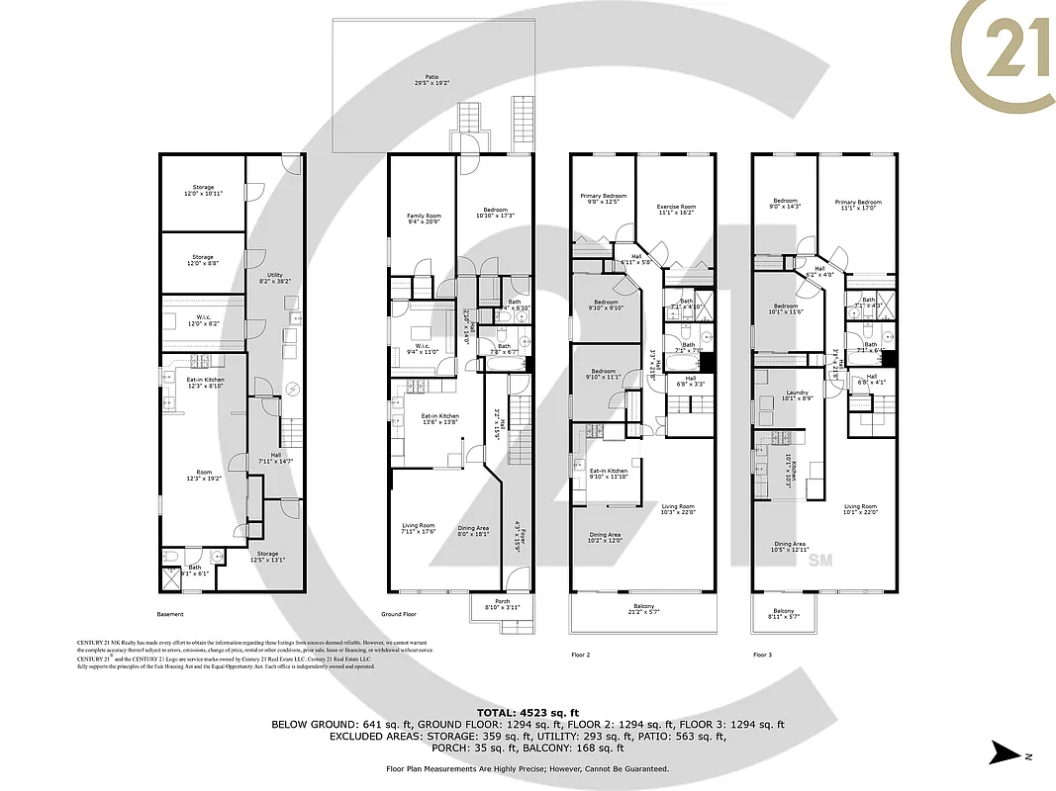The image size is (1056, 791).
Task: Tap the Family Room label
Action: coord(424,219)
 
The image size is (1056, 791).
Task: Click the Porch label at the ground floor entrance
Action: coord(502,604)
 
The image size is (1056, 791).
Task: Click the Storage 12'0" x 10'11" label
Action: coord(203,190)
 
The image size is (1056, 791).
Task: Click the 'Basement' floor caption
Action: coord(170,615)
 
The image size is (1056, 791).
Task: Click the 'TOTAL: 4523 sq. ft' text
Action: coord(528,711)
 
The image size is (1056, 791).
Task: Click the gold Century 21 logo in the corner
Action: coord(1002,55)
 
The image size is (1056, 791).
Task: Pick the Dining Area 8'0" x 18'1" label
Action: coord(473,531)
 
